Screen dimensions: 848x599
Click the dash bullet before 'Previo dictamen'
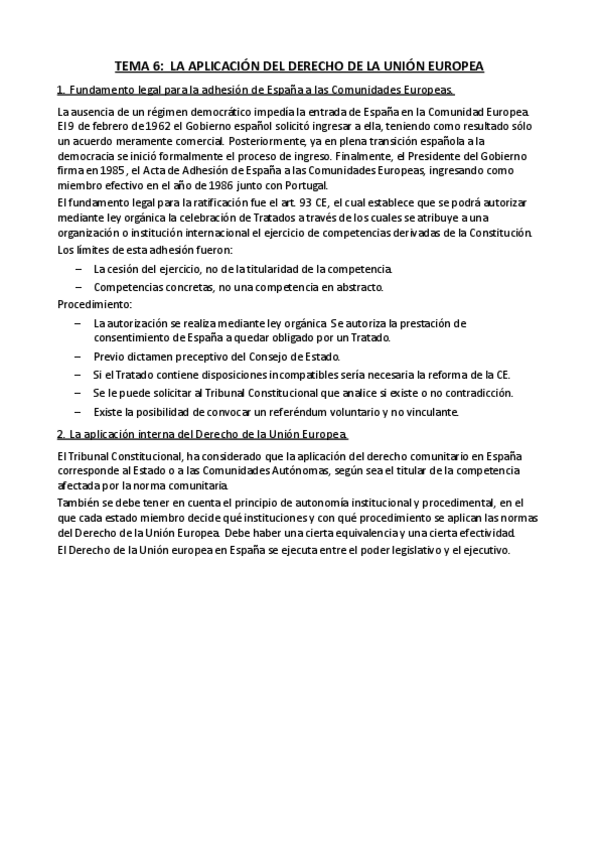tap(79, 356)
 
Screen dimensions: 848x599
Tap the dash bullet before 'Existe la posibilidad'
tap(79, 411)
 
